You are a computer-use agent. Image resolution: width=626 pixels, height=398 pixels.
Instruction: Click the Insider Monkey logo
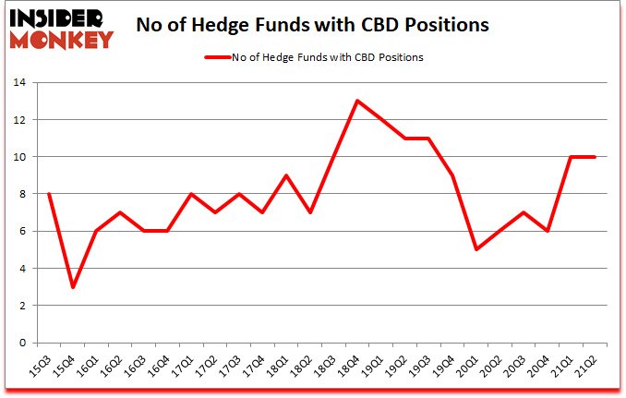pyautogui.click(x=60, y=28)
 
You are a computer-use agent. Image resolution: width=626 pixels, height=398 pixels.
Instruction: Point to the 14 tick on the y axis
pyautogui.click(x=20, y=83)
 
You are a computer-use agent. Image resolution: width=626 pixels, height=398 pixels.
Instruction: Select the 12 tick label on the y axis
pyautogui.click(x=20, y=120)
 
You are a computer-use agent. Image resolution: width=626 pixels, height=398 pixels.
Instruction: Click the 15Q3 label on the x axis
pyautogui.click(x=42, y=368)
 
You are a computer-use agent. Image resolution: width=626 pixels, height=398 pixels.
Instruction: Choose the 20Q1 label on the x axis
pyautogui.click(x=474, y=368)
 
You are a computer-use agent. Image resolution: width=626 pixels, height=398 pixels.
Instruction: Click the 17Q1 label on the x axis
pyautogui.click(x=186, y=368)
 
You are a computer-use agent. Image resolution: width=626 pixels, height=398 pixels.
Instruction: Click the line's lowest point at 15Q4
pyautogui.click(x=72, y=287)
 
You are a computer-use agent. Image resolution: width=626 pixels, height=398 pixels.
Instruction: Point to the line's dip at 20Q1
pyautogui.click(x=476, y=249)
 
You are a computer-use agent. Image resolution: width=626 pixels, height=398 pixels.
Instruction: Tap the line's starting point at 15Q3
pyautogui.click(x=48, y=194)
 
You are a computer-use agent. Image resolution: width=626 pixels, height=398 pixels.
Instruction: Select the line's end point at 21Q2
pyautogui.click(x=596, y=157)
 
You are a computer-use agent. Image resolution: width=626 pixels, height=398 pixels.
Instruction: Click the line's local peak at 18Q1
pyautogui.click(x=286, y=175)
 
